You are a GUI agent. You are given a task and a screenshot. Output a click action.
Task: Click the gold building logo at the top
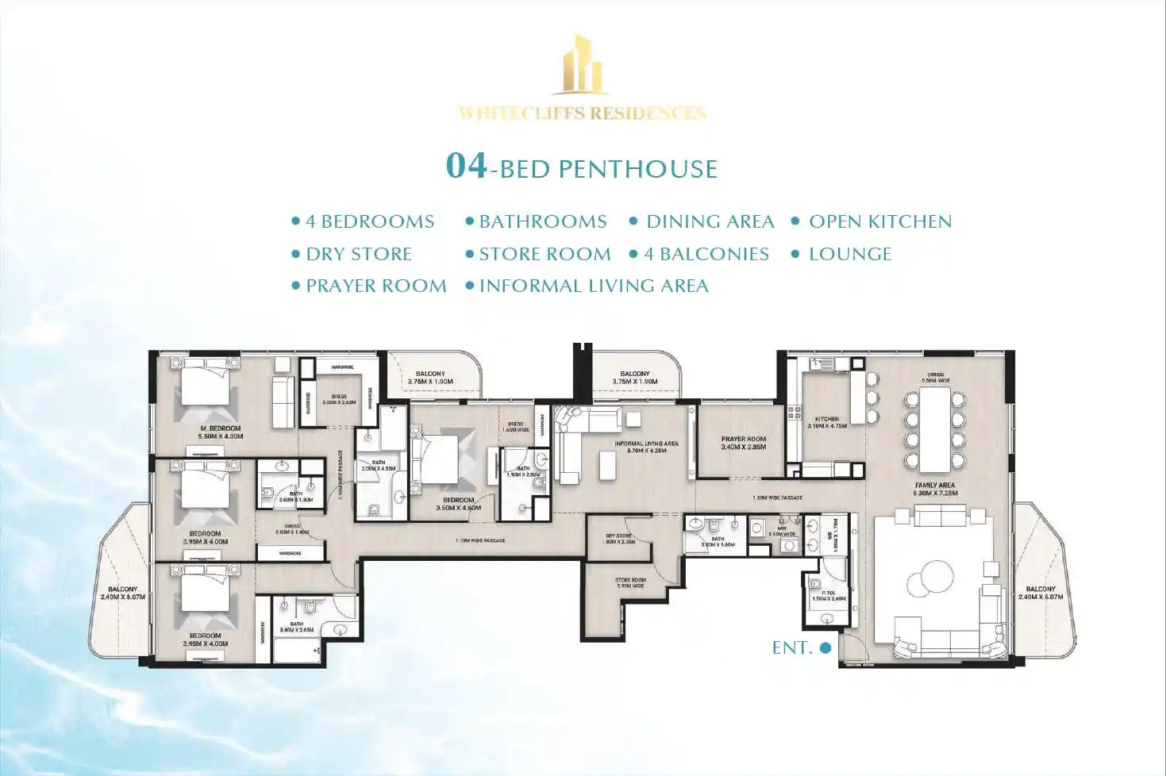coord(583,65)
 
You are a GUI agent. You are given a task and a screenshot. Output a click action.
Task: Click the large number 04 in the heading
coord(466,166)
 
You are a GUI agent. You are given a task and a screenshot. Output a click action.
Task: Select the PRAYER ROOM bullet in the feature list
coord(375,286)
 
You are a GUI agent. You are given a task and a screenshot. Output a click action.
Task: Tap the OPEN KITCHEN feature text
coord(879,222)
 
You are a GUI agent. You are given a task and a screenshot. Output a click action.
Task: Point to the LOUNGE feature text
coord(849,254)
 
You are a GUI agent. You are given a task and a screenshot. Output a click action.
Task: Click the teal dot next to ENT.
coord(825,647)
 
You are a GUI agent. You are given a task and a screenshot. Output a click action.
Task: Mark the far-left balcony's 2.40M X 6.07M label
coord(123,593)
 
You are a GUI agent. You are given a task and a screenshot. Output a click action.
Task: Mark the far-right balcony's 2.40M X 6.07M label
coord(1041,593)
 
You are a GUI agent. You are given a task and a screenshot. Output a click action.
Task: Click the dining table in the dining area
coord(935,428)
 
